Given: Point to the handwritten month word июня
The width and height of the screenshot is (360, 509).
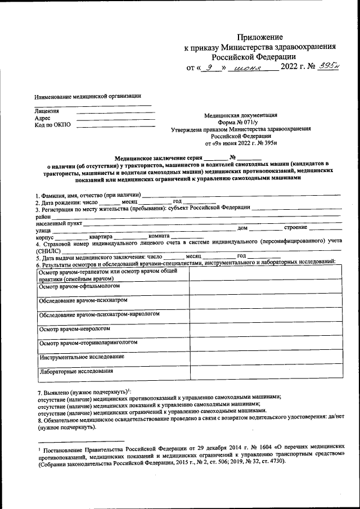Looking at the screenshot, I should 250,68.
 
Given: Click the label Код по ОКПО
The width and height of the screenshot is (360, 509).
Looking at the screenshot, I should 53,125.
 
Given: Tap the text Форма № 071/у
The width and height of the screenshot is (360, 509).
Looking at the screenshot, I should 241,122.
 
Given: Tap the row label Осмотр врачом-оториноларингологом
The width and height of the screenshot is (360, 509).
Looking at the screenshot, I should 88,342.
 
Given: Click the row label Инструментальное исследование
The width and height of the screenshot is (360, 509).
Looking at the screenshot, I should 82,357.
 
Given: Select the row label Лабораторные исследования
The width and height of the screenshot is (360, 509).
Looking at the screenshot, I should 76,371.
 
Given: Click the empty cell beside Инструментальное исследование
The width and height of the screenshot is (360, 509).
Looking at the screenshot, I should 264,358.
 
